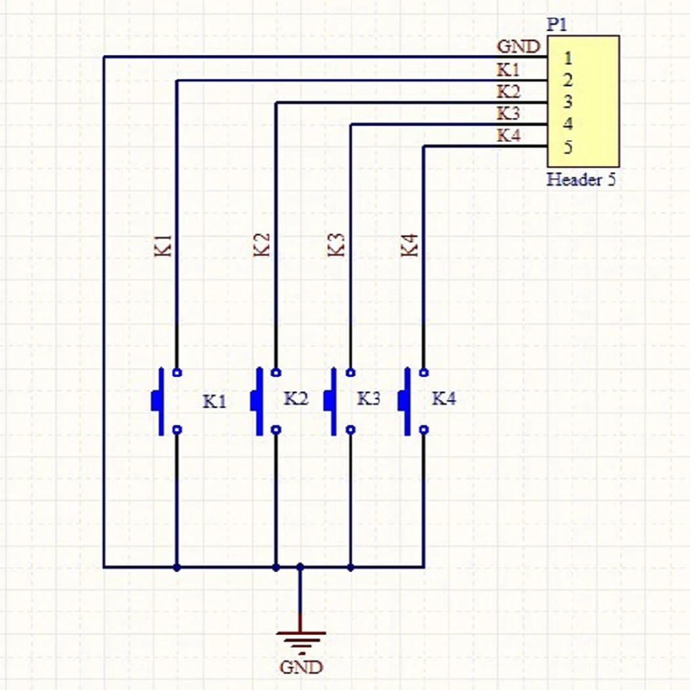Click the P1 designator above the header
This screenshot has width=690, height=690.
[557, 26]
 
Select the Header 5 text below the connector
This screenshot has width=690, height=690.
[581, 179]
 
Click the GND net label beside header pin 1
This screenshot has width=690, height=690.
[518, 47]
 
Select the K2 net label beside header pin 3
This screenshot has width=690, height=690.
[508, 91]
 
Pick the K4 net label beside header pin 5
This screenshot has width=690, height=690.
[508, 136]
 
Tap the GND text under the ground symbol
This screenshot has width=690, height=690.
[301, 667]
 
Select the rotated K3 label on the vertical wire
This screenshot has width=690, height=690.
[336, 244]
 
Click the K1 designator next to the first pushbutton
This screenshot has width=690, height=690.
[214, 401]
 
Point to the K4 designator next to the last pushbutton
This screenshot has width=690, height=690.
[444, 398]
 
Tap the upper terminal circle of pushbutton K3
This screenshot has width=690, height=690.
[350, 373]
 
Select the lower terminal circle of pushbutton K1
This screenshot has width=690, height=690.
[176, 430]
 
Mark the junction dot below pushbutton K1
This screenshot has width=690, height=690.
[176, 566]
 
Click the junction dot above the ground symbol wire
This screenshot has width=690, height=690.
[300, 566]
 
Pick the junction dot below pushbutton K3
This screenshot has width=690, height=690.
[350, 566]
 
